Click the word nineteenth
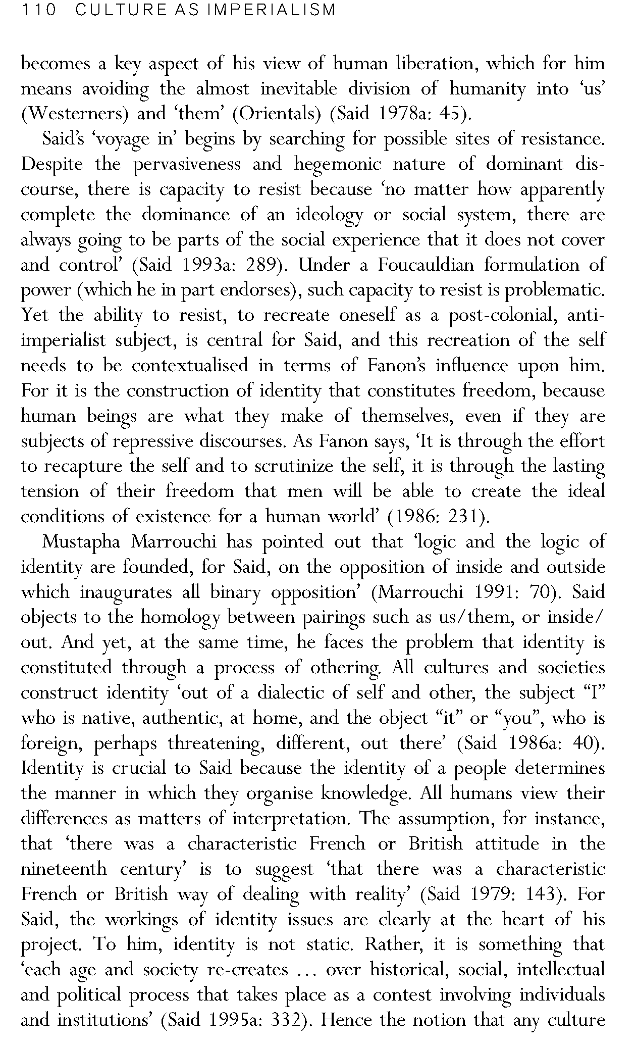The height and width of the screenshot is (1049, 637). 64,869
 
